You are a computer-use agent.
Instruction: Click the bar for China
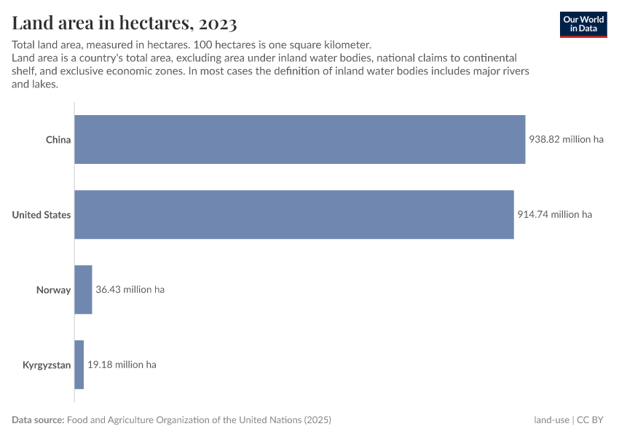(299, 139)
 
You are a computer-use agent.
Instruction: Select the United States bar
(293, 214)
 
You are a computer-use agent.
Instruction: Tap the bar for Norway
(83, 289)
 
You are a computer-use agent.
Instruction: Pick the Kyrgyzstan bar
(79, 364)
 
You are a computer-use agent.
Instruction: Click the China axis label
(58, 139)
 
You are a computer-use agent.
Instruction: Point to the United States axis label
(42, 214)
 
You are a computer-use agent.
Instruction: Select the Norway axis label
(54, 289)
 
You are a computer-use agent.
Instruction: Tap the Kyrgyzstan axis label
(47, 364)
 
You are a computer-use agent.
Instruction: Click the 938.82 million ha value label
(566, 139)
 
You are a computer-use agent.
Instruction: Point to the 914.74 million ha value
(554, 214)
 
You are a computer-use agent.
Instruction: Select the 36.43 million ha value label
(130, 289)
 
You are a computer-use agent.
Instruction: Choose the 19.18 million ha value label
(122, 364)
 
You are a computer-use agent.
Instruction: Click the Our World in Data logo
(583, 24)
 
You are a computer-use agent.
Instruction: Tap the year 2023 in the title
(216, 24)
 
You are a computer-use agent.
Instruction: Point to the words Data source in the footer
(38, 420)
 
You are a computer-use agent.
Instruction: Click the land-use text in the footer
(551, 420)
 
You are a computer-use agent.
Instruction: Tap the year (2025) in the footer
(318, 420)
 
